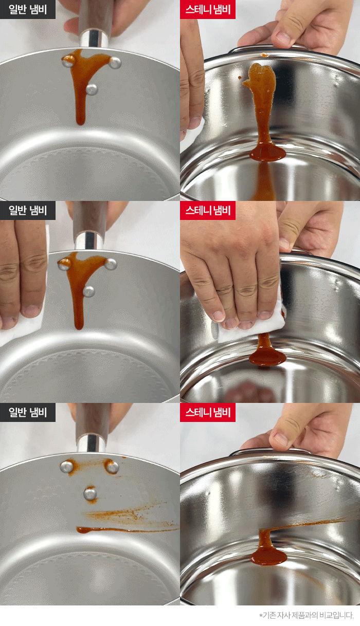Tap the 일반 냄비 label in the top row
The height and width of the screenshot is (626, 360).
(28, 9)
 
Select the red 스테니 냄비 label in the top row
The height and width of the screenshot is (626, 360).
(208, 9)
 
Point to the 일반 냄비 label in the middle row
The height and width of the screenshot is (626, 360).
(28, 210)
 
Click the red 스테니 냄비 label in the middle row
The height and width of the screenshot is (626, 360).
(208, 210)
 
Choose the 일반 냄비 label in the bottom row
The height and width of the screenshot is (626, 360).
(28, 412)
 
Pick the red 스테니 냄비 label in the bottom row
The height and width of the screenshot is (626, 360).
(208, 412)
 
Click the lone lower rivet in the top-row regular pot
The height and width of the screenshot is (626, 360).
(92, 89)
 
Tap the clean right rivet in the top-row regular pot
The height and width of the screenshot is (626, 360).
(115, 63)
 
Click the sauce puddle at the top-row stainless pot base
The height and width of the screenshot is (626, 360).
(268, 152)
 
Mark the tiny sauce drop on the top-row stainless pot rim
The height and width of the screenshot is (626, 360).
(264, 55)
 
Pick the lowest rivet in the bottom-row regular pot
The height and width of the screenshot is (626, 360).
(91, 493)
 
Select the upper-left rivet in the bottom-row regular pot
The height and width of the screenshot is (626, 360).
(66, 467)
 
